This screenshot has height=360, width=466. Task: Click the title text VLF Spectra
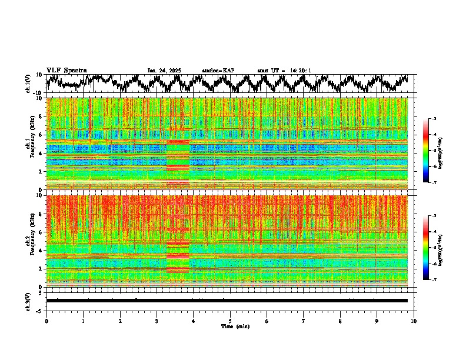pyautogui.click(x=66, y=70)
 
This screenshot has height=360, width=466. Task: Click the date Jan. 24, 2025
pyautogui.click(x=164, y=71)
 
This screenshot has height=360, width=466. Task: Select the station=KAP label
pyautogui.click(x=218, y=71)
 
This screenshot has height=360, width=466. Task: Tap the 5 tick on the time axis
pyautogui.click(x=230, y=321)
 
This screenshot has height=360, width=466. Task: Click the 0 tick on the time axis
pyautogui.click(x=46, y=321)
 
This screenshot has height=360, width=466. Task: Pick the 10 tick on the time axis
pyautogui.click(x=414, y=321)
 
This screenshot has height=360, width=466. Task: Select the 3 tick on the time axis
pyautogui.click(x=157, y=321)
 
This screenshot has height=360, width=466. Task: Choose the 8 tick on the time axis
pyautogui.click(x=340, y=321)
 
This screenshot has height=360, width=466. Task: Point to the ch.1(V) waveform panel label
pyautogui.click(x=29, y=84)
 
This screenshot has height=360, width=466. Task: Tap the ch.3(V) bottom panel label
pyautogui.click(x=29, y=301)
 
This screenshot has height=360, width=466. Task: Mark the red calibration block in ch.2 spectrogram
pyautogui.click(x=178, y=256)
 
